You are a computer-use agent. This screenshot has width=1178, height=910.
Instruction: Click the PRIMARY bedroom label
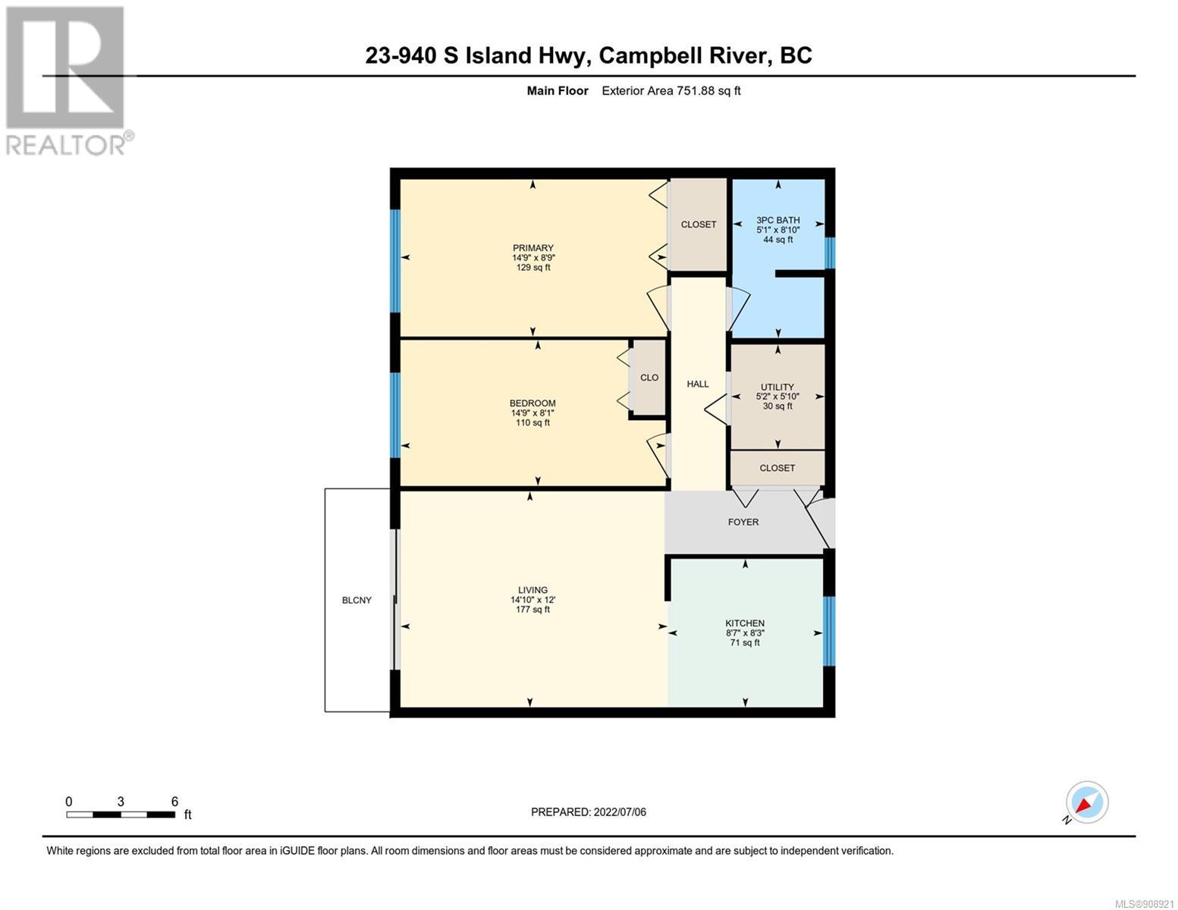[x=533, y=248]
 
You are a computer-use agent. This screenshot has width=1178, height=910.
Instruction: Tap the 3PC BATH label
[x=778, y=220]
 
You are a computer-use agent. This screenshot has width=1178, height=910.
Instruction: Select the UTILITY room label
[x=777, y=387]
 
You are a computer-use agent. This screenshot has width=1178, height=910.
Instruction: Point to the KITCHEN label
[x=745, y=623]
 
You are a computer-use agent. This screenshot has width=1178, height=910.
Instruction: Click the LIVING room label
[x=533, y=590]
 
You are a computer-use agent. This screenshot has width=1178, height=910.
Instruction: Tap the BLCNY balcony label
[x=357, y=600]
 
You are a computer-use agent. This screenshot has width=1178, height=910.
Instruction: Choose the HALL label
[x=698, y=384]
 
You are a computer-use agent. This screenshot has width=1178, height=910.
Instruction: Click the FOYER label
[x=743, y=522]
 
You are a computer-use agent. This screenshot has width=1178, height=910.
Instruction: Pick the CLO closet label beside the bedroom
[x=649, y=377]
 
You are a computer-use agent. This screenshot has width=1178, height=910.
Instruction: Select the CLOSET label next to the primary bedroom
[x=699, y=224]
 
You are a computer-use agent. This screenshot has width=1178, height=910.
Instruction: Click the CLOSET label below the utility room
[x=777, y=468]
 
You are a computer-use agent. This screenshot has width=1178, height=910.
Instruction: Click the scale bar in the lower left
[x=121, y=814]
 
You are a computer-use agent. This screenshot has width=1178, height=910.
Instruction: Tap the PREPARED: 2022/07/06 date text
[x=589, y=812]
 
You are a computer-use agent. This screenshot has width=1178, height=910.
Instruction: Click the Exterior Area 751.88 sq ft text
[x=671, y=90]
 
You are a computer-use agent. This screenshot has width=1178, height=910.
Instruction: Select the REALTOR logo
[x=69, y=80]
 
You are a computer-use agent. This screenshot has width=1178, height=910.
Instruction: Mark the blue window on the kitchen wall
[x=829, y=631]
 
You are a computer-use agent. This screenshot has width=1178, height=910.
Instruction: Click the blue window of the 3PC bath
[x=830, y=253]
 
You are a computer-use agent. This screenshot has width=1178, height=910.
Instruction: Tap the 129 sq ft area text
[x=533, y=267]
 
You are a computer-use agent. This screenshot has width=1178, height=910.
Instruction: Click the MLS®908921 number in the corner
[x=1143, y=904]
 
